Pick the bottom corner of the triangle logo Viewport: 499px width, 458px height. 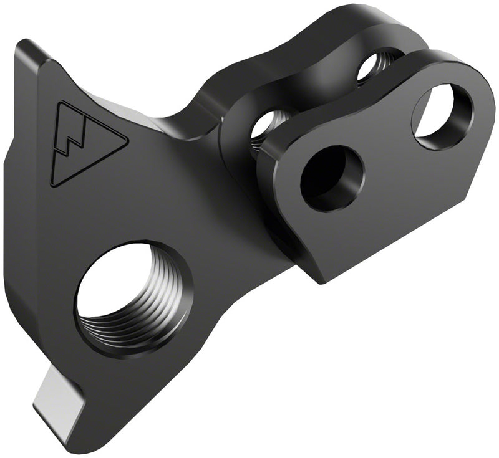click(53, 183)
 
